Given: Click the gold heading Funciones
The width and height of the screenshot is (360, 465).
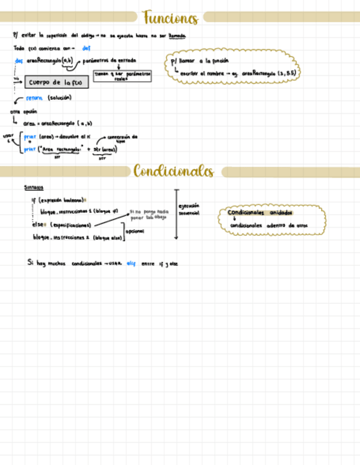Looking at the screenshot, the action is pyautogui.click(x=170, y=18).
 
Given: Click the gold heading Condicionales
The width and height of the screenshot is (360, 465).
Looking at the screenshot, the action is pyautogui.click(x=173, y=172).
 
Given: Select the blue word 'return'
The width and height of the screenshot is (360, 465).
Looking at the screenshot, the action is pyautogui.click(x=35, y=98).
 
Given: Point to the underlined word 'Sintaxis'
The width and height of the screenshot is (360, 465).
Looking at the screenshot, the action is pyautogui.click(x=33, y=188).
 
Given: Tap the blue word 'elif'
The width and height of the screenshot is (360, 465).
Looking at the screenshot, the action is pyautogui.click(x=131, y=263).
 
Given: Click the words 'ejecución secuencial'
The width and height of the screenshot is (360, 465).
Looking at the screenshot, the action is pyautogui.click(x=189, y=209).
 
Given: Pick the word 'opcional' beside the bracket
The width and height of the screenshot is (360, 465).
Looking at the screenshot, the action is pyautogui.click(x=134, y=231).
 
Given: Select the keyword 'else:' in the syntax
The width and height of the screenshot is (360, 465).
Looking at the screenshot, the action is pyautogui.click(x=40, y=224).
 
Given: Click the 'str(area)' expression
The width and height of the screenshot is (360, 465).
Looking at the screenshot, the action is pyautogui.click(x=105, y=149).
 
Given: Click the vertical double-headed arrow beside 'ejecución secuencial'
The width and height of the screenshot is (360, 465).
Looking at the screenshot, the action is pyautogui.click(x=176, y=214).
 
